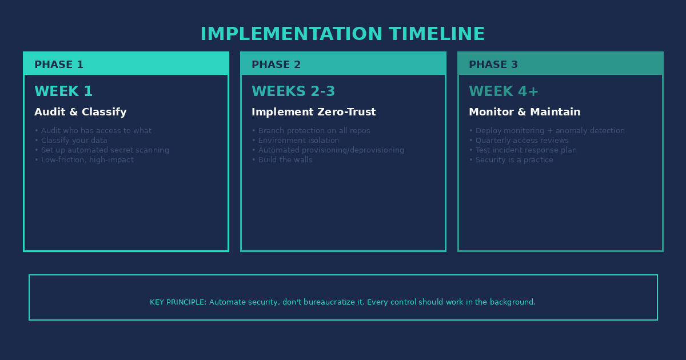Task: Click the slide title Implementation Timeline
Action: point(342,34)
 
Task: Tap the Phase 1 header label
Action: point(59,65)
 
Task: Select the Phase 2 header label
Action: point(276,65)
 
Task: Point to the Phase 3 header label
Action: point(493,65)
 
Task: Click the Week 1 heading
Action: point(63,91)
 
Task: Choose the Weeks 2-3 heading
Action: point(293,91)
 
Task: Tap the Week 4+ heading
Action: point(504,91)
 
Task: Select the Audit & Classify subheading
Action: point(81,112)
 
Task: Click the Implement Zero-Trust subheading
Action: point(314,112)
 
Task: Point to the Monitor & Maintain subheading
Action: point(525,112)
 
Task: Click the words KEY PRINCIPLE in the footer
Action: point(178,302)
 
